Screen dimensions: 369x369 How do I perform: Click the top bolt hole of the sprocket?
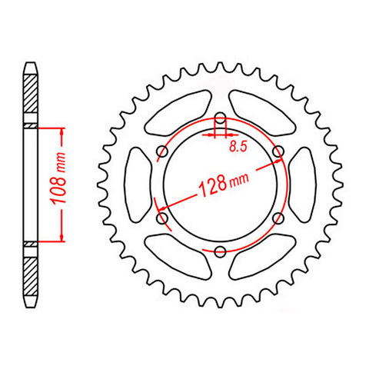[x=219, y=118]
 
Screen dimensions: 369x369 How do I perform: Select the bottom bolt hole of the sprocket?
[x=219, y=251]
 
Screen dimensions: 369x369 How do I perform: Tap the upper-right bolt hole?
[x=277, y=151]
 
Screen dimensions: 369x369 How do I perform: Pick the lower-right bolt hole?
[x=277, y=218]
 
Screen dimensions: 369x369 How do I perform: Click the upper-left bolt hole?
[x=161, y=151]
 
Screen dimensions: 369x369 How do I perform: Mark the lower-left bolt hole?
[x=161, y=218]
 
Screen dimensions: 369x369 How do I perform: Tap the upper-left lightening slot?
[x=178, y=114]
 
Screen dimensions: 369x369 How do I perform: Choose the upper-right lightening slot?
[x=261, y=114]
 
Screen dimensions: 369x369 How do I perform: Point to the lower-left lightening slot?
[x=178, y=256]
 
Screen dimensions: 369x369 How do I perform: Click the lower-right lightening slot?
[x=261, y=256]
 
